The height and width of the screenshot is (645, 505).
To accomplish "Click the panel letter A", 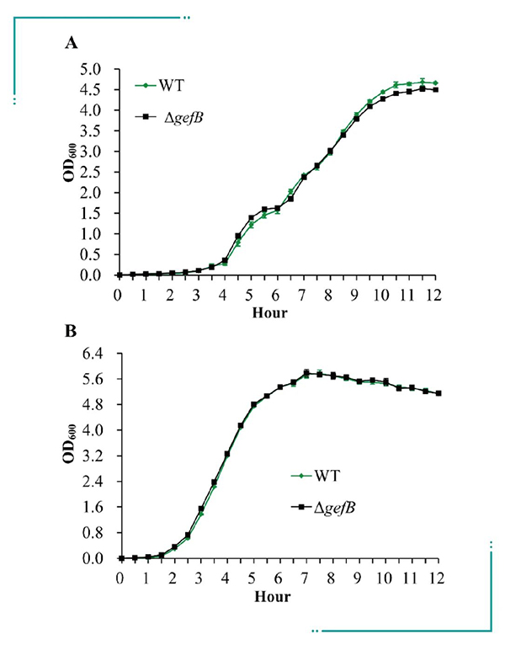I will (72, 45).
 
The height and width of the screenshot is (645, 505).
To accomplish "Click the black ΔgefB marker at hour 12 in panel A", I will (434, 89).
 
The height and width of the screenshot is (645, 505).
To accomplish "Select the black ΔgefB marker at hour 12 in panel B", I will (438, 393).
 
